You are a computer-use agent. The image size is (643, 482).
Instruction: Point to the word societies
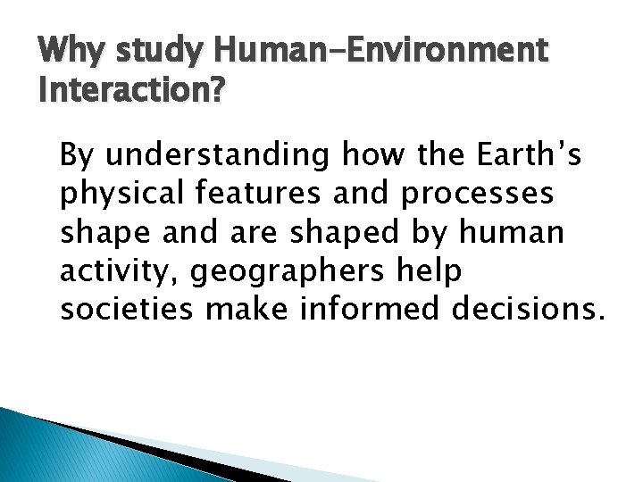coord(122,310)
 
